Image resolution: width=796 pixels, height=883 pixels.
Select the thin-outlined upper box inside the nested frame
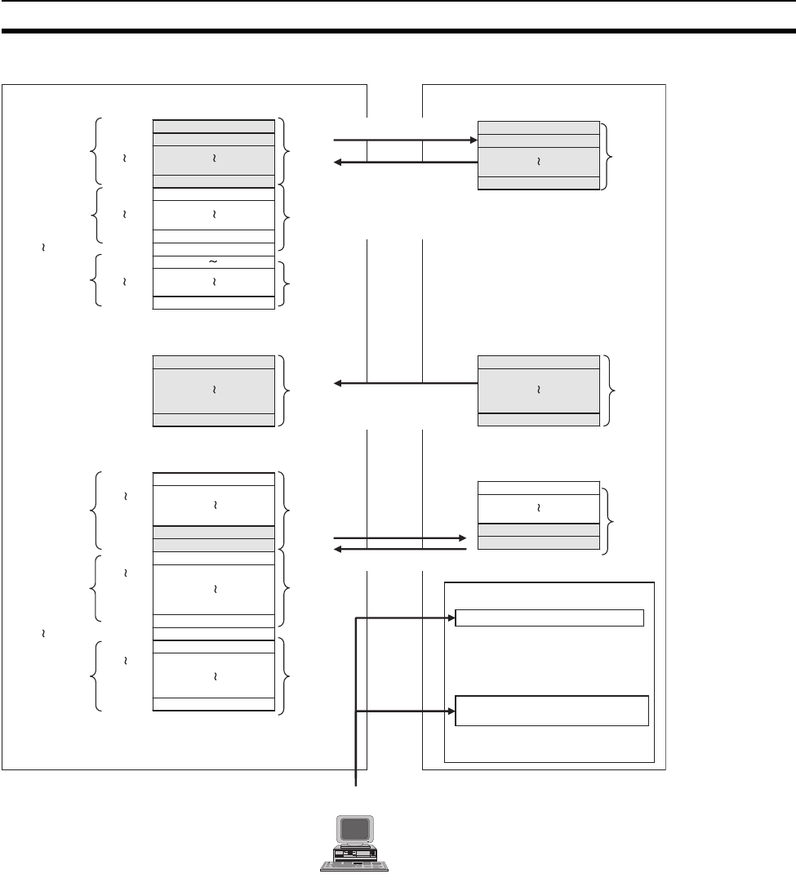549,618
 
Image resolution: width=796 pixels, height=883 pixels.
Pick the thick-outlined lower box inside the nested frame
551,711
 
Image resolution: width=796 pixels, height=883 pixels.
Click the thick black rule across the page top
398,32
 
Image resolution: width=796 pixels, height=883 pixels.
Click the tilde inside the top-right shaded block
539,161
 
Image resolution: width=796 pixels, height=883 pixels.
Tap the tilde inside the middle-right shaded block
539,390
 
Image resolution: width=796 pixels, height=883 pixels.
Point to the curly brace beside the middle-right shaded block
611,390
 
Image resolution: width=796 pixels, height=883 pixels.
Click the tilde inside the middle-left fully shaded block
214,390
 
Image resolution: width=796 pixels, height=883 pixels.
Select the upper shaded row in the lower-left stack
214,533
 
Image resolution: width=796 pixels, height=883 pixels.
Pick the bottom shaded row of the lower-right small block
539,543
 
